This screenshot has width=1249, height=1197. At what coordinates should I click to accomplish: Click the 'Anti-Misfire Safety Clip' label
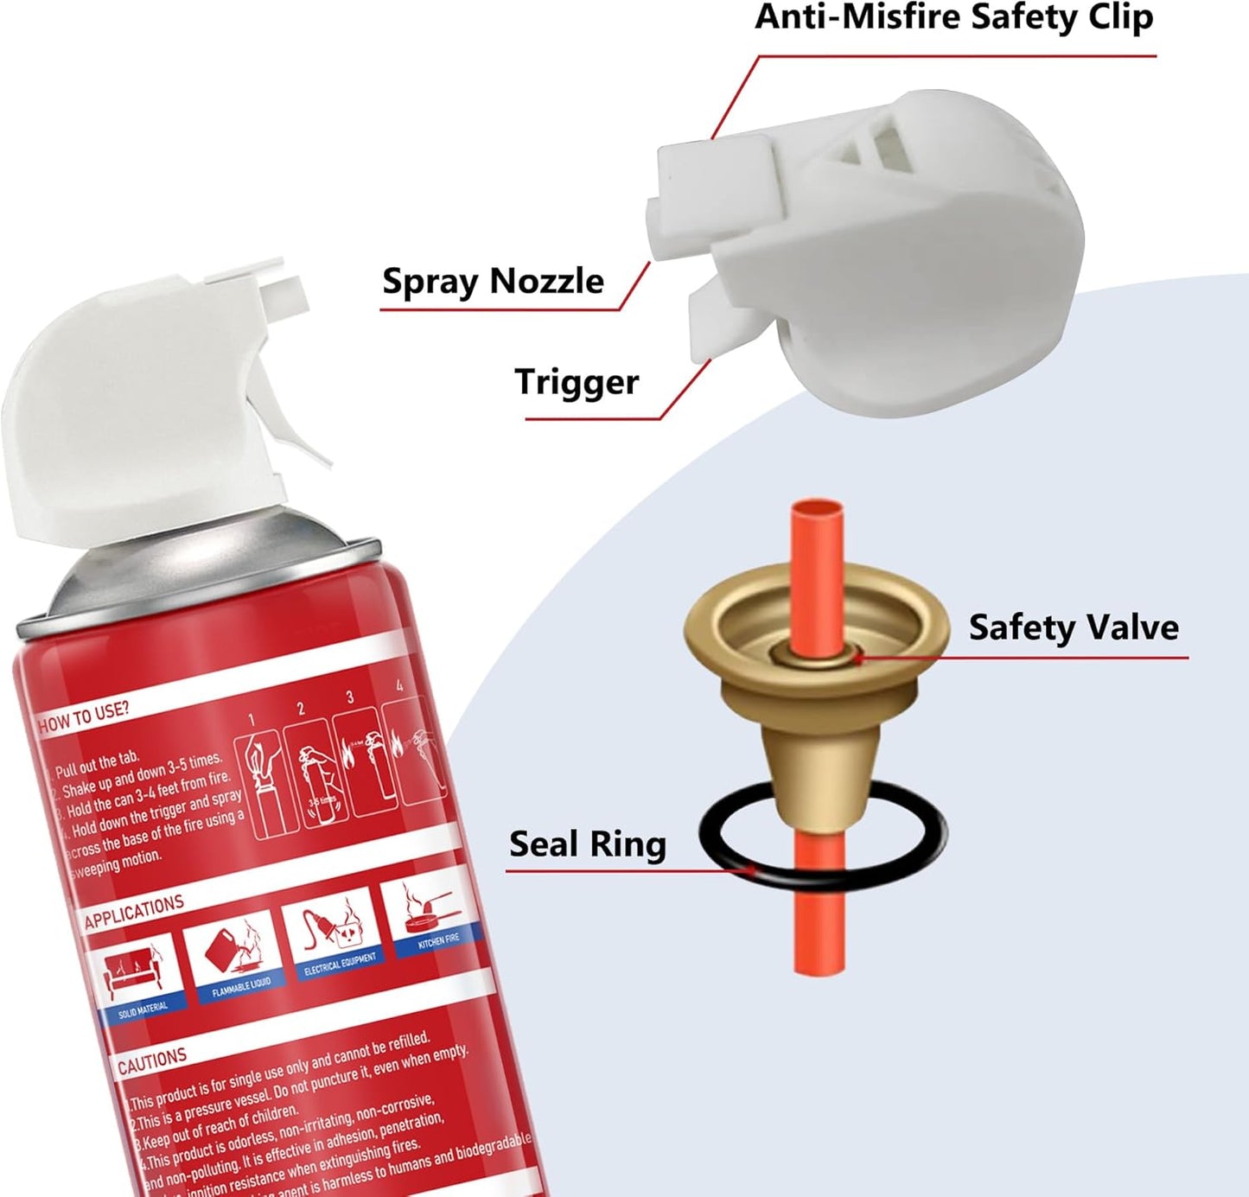click(x=953, y=17)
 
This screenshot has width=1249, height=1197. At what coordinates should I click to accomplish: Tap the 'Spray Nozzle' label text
click(x=493, y=281)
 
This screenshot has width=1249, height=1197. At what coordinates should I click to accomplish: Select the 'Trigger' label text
click(x=577, y=381)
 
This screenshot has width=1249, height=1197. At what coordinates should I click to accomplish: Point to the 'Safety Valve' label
click(x=1073, y=627)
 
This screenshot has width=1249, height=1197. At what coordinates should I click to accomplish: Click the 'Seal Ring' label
click(x=587, y=844)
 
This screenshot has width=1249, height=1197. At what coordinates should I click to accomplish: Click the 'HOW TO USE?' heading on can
click(x=83, y=716)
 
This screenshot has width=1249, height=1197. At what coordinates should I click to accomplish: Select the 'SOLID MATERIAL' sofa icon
click(x=139, y=977)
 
